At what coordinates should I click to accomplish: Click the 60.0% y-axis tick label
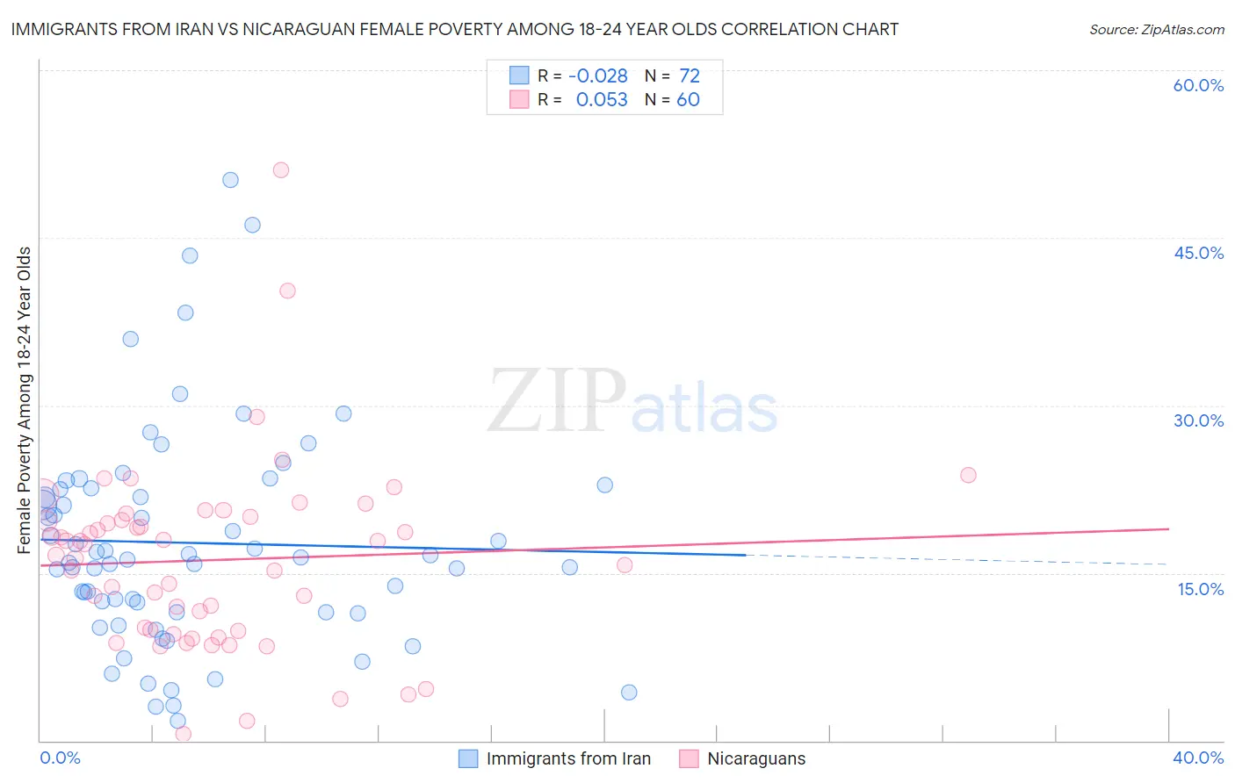tap(1198, 85)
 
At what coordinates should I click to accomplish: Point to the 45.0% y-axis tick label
tap(1198, 253)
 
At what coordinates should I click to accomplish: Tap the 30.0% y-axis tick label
tap(1198, 420)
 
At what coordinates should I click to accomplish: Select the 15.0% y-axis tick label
tap(1200, 589)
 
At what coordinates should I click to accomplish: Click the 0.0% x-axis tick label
tap(60, 758)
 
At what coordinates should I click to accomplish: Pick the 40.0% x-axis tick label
tap(1198, 758)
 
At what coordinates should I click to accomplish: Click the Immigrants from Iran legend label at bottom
tap(568, 758)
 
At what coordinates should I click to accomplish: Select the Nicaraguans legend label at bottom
tap(756, 758)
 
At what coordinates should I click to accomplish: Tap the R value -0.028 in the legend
tap(598, 76)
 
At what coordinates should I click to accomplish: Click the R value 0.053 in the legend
tap(602, 100)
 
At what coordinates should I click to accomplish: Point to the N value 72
tap(690, 76)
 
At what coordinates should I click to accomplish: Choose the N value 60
tap(688, 100)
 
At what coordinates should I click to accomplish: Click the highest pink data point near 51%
tap(281, 170)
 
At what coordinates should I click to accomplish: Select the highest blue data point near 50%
tap(230, 180)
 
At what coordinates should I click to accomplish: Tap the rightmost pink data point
tap(968, 475)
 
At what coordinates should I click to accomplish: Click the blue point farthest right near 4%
tap(629, 693)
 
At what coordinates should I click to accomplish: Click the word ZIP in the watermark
tap(557, 402)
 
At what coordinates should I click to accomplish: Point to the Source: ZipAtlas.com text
tap(1156, 30)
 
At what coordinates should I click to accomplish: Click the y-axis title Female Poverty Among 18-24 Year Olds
tap(25, 400)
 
